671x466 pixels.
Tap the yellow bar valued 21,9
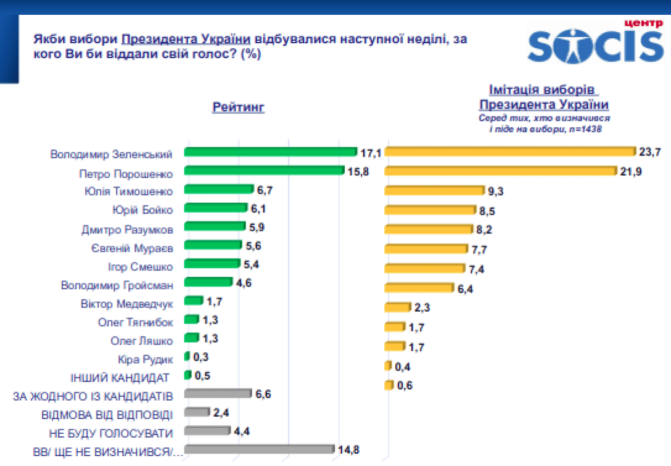pos(500,171)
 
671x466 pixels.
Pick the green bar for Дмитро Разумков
pos(215,227)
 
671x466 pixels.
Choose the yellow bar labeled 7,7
pos(426,249)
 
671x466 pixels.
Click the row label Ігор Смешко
pos(136,267)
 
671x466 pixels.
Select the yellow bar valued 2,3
pos(397,307)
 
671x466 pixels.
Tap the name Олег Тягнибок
pos(136,322)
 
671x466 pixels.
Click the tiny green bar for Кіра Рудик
pos(187,357)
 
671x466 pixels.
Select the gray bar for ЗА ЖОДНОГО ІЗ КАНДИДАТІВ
pos(218,393)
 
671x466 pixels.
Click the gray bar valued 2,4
pos(197,412)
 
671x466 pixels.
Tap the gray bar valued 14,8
pos(259,449)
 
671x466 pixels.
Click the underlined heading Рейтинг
pos(239,108)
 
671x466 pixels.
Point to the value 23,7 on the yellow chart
pos(650,152)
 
